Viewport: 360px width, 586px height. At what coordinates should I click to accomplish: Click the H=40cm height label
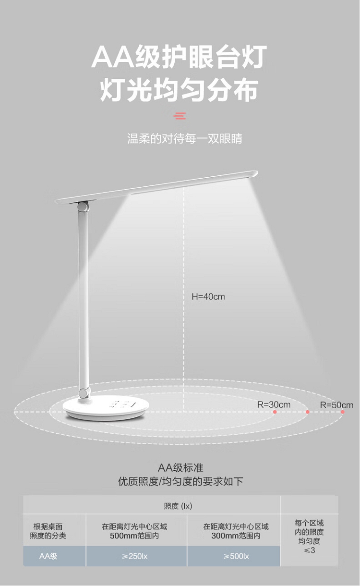[x=208, y=297]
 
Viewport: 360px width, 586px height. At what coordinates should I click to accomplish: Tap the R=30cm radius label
[x=274, y=404]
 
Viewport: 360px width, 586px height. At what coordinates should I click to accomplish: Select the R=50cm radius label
[x=336, y=405]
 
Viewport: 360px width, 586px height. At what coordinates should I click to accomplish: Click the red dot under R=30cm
[x=275, y=412]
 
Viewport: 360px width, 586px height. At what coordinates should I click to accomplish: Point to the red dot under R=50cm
[x=343, y=412]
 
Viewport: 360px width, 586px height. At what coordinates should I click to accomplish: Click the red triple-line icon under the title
[x=180, y=115]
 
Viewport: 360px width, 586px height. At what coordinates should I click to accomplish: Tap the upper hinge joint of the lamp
[x=83, y=207]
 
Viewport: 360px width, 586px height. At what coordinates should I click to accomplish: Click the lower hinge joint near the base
[x=84, y=392]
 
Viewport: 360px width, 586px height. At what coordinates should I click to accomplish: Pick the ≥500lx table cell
[x=236, y=556]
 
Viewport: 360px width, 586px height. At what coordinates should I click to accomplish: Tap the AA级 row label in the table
[x=48, y=556]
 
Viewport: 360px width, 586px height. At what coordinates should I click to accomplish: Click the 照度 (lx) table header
[x=178, y=506]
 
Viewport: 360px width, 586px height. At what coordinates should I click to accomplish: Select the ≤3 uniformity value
[x=309, y=550]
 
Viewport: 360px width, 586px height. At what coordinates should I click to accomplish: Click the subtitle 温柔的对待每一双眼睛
[x=185, y=139]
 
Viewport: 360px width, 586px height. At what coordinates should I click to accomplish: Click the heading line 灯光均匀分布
[x=179, y=90]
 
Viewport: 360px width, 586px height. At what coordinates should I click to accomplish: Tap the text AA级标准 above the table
[x=180, y=468]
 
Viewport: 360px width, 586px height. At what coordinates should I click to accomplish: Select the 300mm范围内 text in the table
[x=236, y=536]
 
